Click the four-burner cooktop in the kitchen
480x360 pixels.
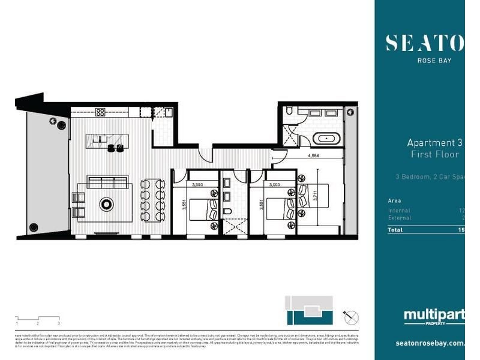pos(100,112)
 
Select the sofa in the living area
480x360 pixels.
pos(107,182)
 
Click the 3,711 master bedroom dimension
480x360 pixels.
pos(314,195)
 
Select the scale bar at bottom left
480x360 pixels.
pos(37,320)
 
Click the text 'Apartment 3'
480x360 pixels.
pos(434,143)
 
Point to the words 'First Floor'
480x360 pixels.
pos(434,155)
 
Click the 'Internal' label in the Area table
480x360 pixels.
pos(399,211)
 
